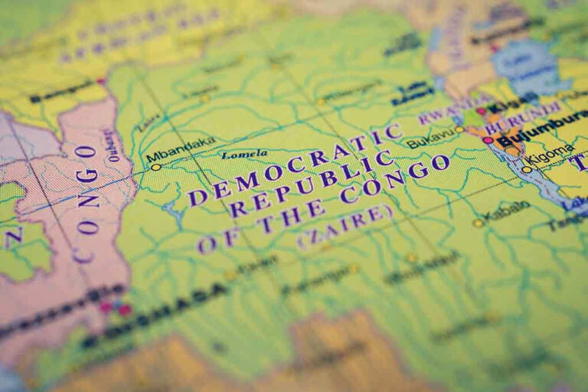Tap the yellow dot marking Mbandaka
point(155,166)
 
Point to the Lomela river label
point(244,155)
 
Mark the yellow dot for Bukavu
point(459,129)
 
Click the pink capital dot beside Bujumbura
point(488,140)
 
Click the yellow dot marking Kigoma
point(527,169)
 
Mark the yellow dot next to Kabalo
point(478,223)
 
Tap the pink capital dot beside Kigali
point(482,111)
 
